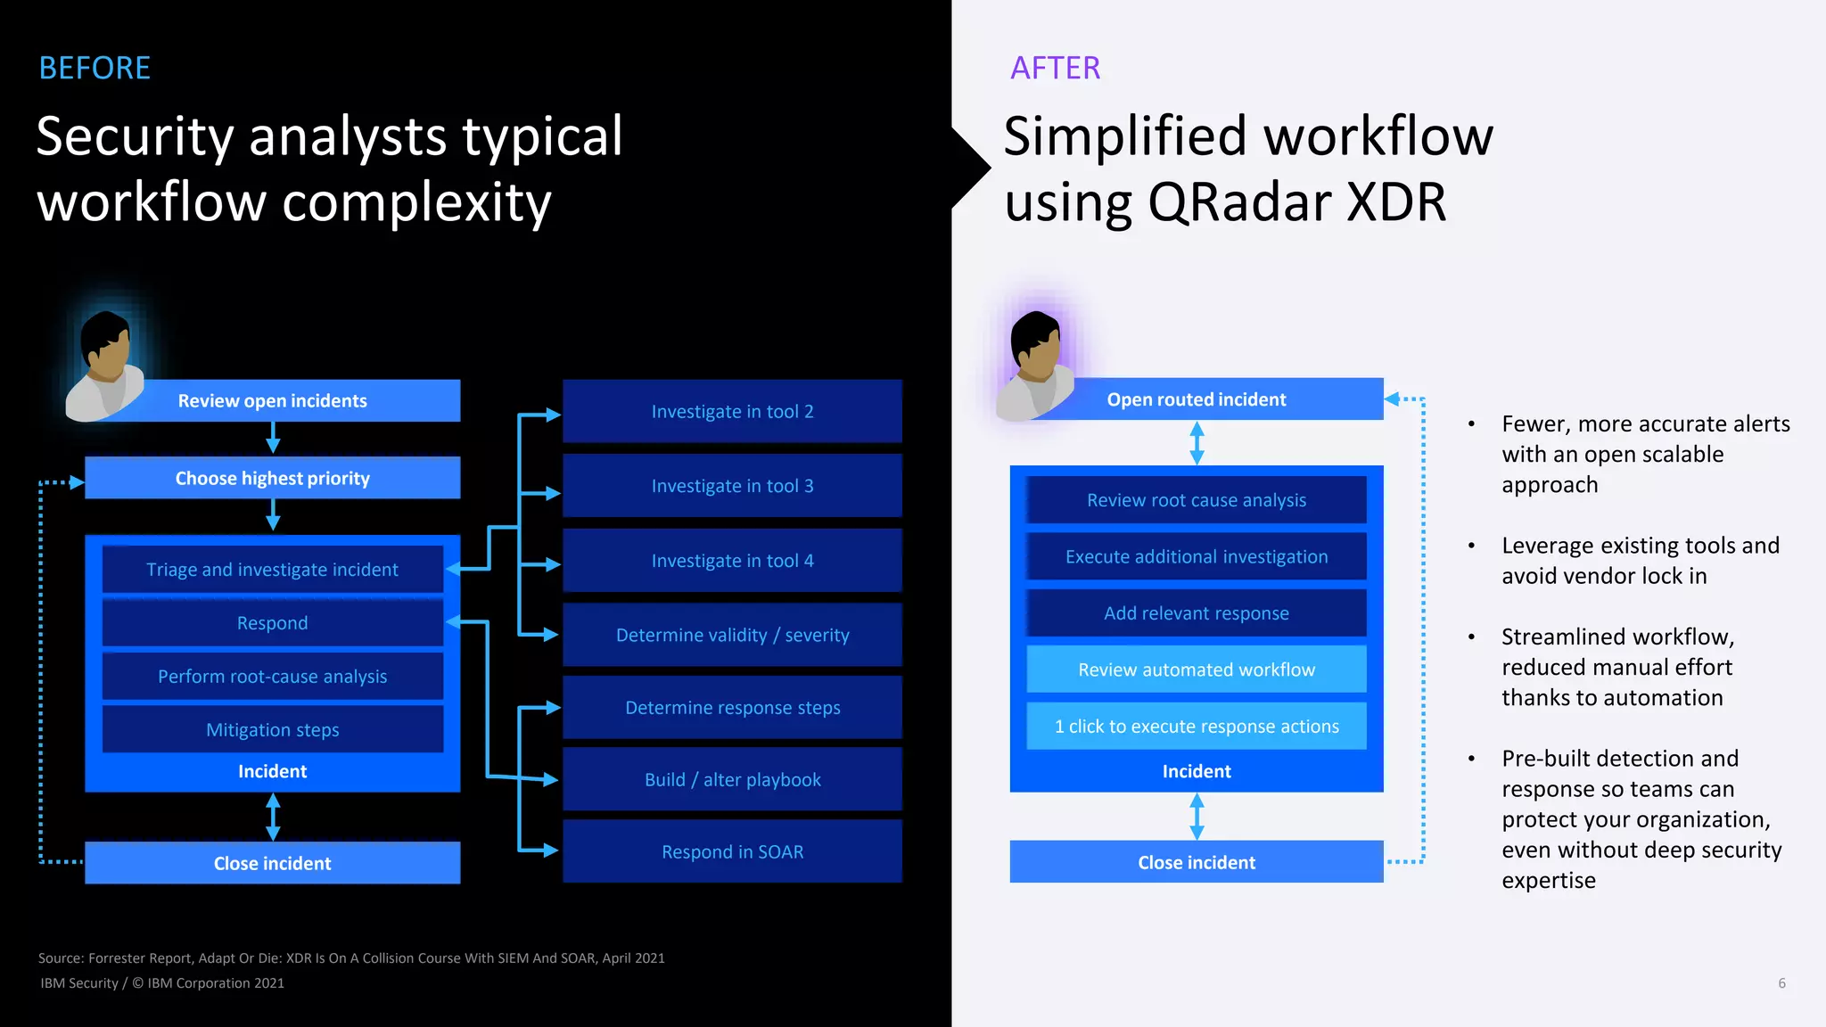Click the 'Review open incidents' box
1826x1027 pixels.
click(x=272, y=400)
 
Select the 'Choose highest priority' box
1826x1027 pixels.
click(x=272, y=478)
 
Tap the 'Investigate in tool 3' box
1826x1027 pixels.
click(x=732, y=486)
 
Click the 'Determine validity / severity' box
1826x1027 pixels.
click(x=732, y=635)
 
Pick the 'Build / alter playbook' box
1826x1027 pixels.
click(x=732, y=780)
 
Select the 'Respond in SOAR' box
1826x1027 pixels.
click(x=732, y=852)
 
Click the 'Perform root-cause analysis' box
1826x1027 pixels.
click(x=272, y=677)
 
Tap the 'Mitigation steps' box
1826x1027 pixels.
click(x=272, y=730)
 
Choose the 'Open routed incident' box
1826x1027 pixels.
click(x=1196, y=399)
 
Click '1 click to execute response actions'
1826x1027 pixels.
click(x=1196, y=727)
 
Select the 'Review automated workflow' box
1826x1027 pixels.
click(x=1196, y=670)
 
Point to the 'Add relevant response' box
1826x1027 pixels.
click(x=1196, y=613)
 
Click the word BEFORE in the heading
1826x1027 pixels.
click(x=95, y=69)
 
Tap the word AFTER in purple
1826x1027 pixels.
click(x=1055, y=69)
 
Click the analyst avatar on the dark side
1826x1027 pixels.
click(x=105, y=366)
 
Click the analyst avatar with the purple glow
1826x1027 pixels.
click(x=1035, y=366)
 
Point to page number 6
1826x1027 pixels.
click(x=1781, y=983)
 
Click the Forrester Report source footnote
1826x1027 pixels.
click(x=351, y=958)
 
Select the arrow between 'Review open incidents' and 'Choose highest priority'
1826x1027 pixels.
click(x=273, y=438)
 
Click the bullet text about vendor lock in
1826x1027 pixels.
click(x=1639, y=561)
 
